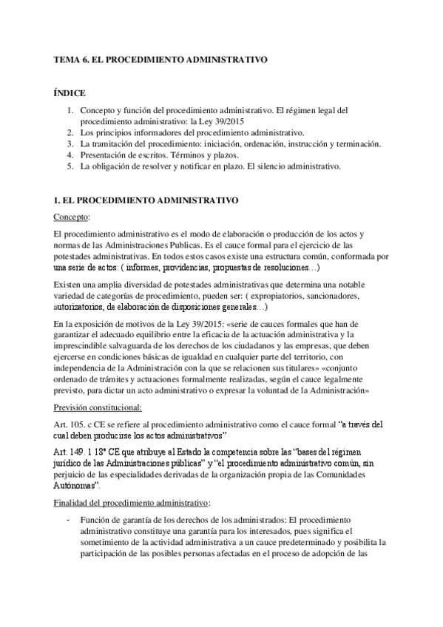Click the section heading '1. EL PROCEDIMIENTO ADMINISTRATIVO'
click(x=143, y=200)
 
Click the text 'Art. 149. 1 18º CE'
click(x=90, y=452)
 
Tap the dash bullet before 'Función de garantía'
click(x=69, y=520)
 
